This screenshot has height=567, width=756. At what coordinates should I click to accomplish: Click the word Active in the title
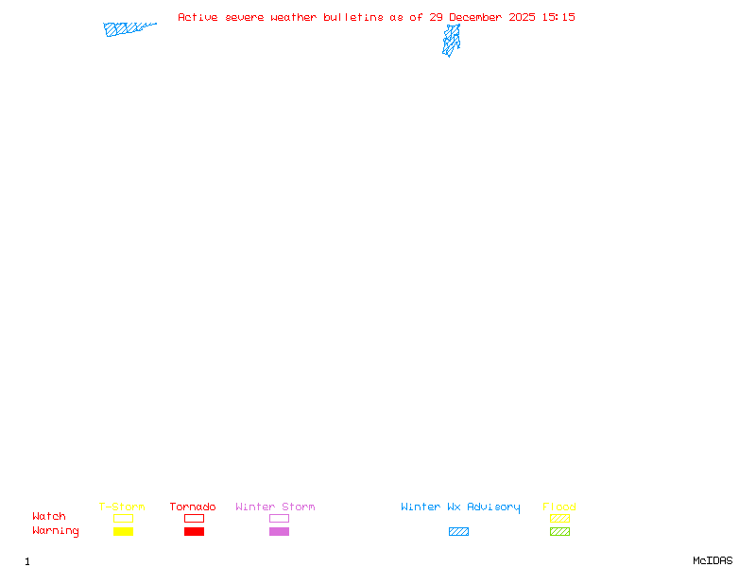click(x=198, y=17)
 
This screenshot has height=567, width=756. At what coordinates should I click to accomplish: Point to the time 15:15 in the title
click(x=558, y=17)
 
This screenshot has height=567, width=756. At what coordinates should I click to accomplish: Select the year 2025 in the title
click(x=522, y=17)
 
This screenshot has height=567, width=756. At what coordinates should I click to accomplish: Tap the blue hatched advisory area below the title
click(x=452, y=40)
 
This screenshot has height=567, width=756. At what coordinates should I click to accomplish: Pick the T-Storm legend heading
click(x=122, y=507)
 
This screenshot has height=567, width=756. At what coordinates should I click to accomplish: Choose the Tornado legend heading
click(x=193, y=507)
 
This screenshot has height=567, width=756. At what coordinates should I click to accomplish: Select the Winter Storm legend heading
click(x=275, y=507)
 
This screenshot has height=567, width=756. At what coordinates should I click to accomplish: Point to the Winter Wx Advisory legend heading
click(x=460, y=507)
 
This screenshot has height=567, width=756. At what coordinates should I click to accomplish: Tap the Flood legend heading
click(x=559, y=507)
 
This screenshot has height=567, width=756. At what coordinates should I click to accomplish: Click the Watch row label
click(x=49, y=517)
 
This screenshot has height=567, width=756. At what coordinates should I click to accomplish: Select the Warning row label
click(x=56, y=531)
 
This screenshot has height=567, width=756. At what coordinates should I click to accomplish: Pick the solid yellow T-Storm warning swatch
click(x=123, y=531)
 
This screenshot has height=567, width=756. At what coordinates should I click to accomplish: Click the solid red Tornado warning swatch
click(x=194, y=531)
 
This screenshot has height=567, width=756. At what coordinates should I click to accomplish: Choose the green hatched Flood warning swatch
click(x=559, y=531)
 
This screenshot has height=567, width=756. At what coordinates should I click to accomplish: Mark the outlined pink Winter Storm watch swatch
click(x=279, y=518)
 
